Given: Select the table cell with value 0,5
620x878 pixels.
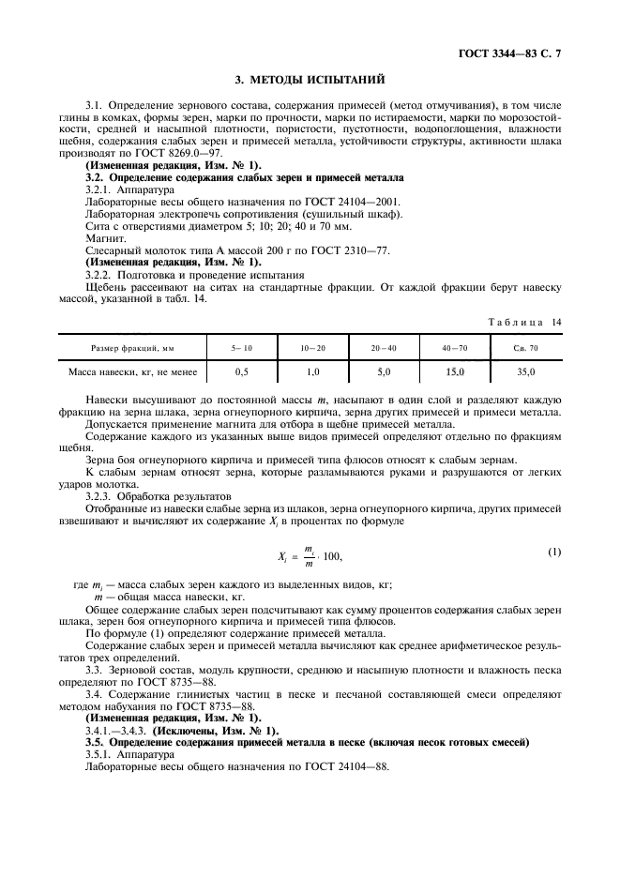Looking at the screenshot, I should [x=242, y=372].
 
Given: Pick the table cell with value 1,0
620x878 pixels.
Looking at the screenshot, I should [x=312, y=372].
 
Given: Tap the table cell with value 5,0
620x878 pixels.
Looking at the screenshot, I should [x=383, y=372].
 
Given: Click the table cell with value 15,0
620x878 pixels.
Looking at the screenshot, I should [x=454, y=372].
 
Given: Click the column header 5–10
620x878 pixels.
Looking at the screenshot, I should [x=242, y=348].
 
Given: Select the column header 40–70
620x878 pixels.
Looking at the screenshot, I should [x=454, y=348].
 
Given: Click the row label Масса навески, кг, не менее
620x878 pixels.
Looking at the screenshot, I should [x=132, y=372].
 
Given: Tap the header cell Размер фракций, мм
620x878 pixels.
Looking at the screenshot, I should [x=132, y=348].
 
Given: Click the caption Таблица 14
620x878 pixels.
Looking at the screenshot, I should [x=524, y=323].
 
